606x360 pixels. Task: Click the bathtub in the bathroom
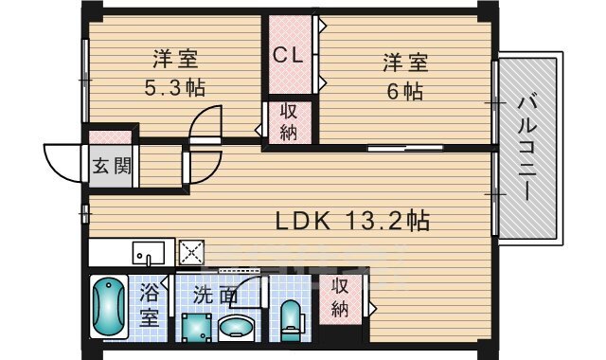tap(109, 307)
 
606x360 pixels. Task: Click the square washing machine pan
tap(197, 328)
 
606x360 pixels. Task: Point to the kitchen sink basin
tap(149, 253)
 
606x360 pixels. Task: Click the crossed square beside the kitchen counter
tap(191, 252)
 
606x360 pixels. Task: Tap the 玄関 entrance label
tap(112, 167)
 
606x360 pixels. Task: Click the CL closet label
tap(288, 55)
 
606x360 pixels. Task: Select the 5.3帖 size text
tap(174, 87)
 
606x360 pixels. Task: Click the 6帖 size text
tap(405, 91)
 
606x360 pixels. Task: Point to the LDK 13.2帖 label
tap(352, 221)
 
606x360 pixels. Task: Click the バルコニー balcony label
tap(528, 149)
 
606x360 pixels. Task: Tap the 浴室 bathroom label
tap(149, 305)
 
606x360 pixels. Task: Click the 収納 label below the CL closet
tap(289, 122)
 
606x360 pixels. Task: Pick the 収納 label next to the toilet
tap(340, 297)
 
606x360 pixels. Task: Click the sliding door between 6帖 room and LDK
tap(405, 148)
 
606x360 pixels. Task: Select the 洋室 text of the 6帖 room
tap(405, 63)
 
